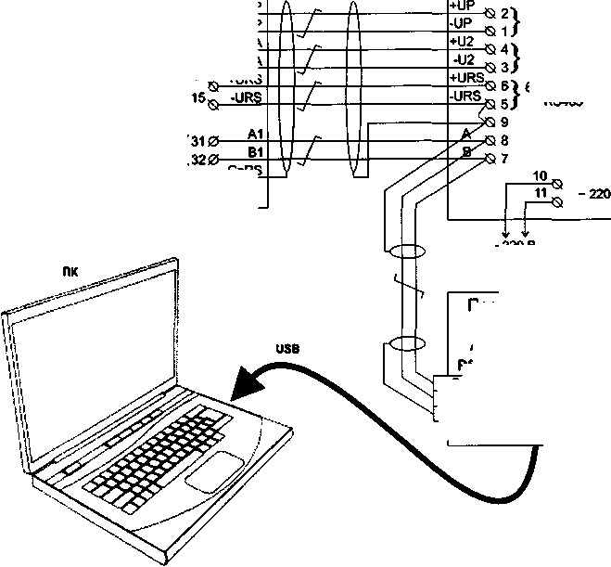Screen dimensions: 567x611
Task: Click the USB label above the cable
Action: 287,349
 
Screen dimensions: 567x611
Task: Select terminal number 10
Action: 541,174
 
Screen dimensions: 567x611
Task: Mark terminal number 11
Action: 541,191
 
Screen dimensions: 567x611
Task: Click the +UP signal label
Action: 461,6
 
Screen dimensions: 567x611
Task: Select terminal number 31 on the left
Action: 196,141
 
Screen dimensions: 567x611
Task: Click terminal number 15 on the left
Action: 197,97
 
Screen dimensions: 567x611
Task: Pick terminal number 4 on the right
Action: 504,48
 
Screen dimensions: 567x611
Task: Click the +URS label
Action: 465,78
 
